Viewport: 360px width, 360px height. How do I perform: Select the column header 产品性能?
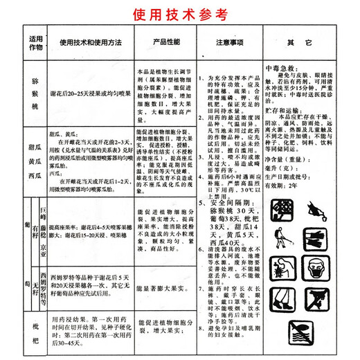(x=167, y=43)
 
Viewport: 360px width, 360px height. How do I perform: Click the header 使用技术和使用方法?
(x=89, y=43)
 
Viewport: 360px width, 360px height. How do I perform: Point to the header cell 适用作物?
(x=35, y=43)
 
